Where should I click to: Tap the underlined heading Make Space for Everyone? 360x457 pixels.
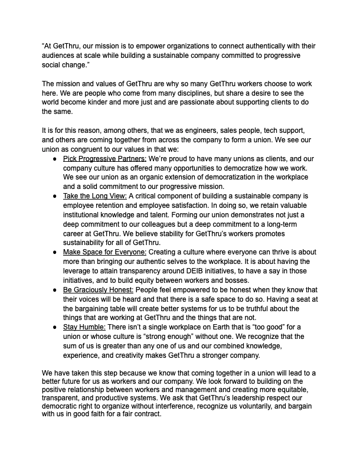[104, 252]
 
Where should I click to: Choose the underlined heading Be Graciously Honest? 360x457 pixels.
[98, 290]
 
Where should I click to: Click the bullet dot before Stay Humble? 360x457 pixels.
[55, 328]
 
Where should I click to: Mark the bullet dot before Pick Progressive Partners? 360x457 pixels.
[55, 159]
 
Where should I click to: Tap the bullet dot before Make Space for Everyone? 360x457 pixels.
[55, 252]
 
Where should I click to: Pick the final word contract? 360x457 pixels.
[148, 414]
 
